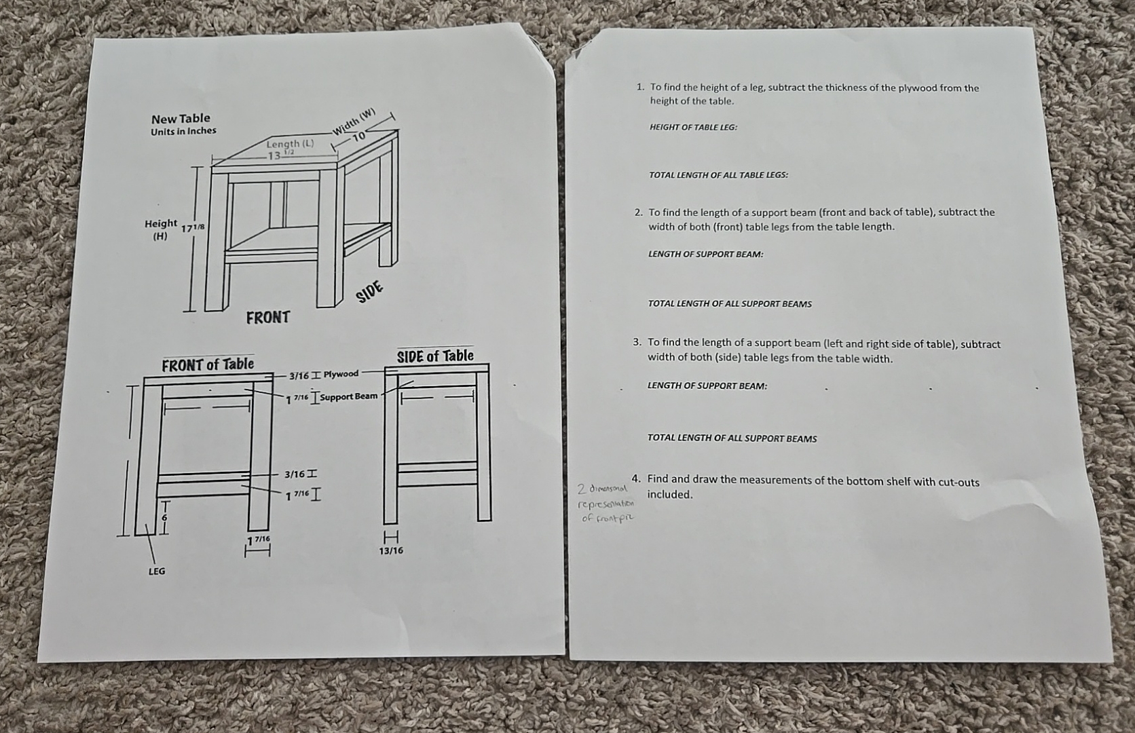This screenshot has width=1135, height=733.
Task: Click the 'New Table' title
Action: [181, 118]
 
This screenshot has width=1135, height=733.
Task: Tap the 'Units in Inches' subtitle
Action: [183, 131]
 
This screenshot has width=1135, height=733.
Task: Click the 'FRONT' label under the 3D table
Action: [267, 317]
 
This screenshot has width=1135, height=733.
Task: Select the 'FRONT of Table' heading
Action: [208, 364]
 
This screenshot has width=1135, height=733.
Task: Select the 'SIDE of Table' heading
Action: [435, 356]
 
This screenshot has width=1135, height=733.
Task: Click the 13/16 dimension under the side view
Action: [390, 550]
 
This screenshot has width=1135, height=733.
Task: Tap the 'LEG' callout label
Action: [157, 571]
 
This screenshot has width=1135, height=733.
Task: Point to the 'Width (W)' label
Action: [354, 121]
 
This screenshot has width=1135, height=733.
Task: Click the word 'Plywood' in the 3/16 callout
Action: [341, 374]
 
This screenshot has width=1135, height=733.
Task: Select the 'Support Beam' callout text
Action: [348, 396]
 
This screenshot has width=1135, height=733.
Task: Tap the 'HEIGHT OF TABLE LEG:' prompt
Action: [693, 127]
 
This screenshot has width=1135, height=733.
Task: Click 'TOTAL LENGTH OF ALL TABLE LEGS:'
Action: [718, 175]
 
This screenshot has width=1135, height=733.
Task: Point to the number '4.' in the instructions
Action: [636, 478]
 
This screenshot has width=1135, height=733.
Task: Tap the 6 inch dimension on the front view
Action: [163, 516]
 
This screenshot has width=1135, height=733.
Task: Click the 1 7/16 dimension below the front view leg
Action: [258, 540]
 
